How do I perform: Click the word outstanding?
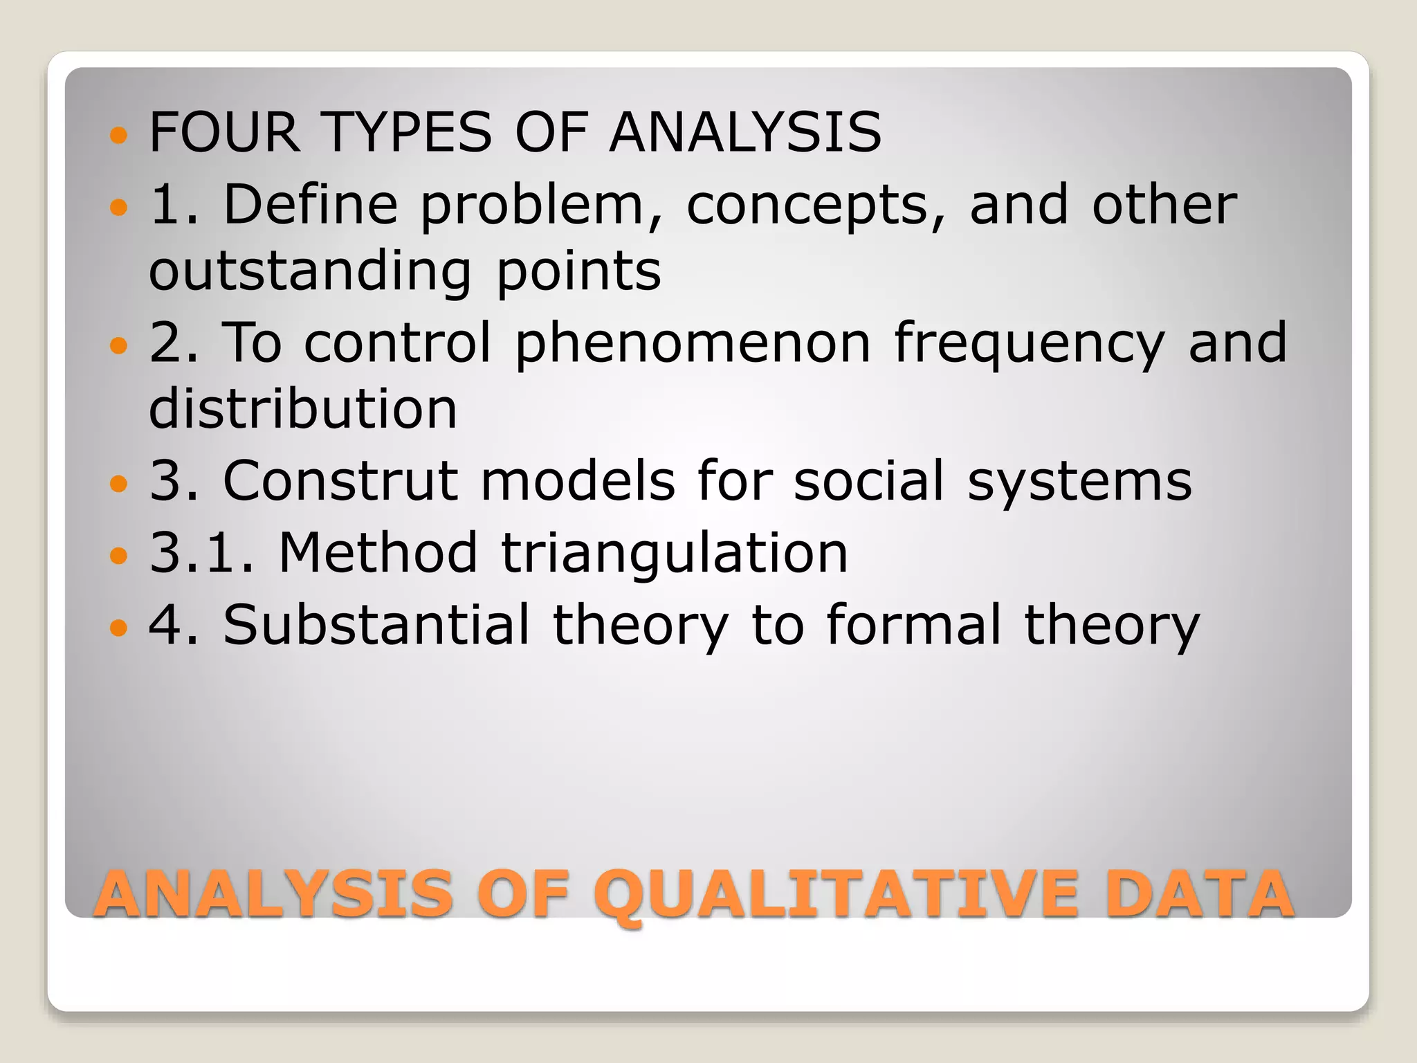(x=311, y=271)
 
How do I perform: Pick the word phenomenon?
(x=693, y=344)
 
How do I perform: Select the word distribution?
(x=303, y=408)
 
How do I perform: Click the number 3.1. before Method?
(x=202, y=553)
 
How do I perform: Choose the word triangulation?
(x=674, y=554)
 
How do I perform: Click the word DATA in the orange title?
(x=1199, y=894)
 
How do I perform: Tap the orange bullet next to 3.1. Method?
(x=119, y=555)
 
